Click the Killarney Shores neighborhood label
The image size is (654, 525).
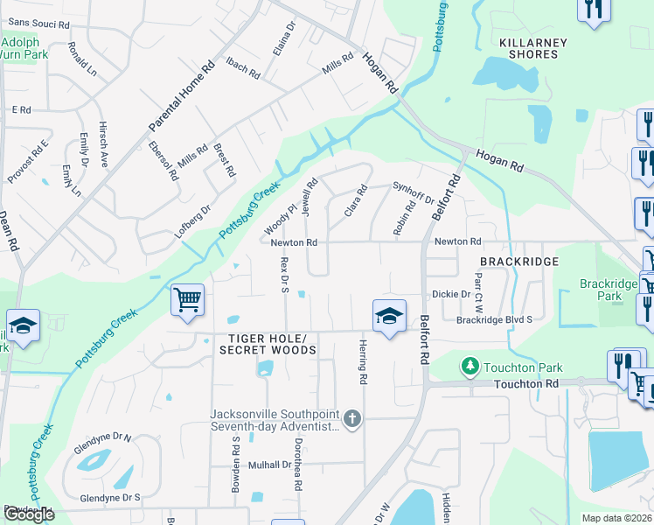pos(532,48)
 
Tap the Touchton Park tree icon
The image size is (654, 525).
pos(470,364)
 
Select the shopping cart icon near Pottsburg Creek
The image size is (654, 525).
pos(188,300)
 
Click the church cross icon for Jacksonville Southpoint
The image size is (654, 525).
pos(351,418)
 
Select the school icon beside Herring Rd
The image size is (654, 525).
pos(389,316)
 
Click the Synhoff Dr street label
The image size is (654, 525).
pos(414,192)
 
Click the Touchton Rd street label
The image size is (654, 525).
pos(525,384)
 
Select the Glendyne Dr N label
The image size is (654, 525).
pos(103,438)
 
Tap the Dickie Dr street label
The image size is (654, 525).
pos(451,295)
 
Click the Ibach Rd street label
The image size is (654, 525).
pos(243,67)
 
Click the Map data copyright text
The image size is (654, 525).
pos(617,518)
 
